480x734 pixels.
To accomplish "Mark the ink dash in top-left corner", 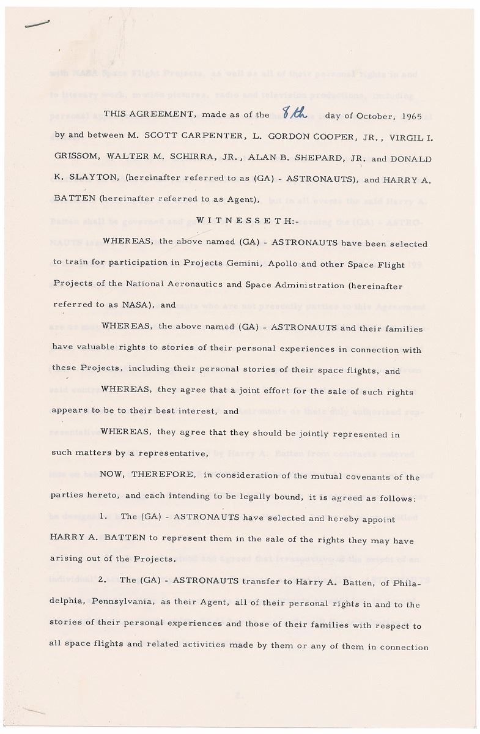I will click(x=37, y=22).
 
